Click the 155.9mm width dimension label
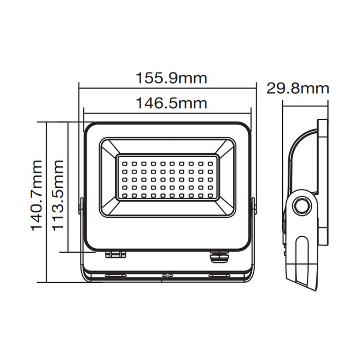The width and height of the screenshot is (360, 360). (171, 78)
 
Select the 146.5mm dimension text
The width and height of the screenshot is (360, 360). (171, 103)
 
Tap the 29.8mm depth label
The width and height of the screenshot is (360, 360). (298, 88)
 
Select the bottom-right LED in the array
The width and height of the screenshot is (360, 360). (211, 195)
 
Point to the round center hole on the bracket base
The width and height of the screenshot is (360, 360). (167, 276)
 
